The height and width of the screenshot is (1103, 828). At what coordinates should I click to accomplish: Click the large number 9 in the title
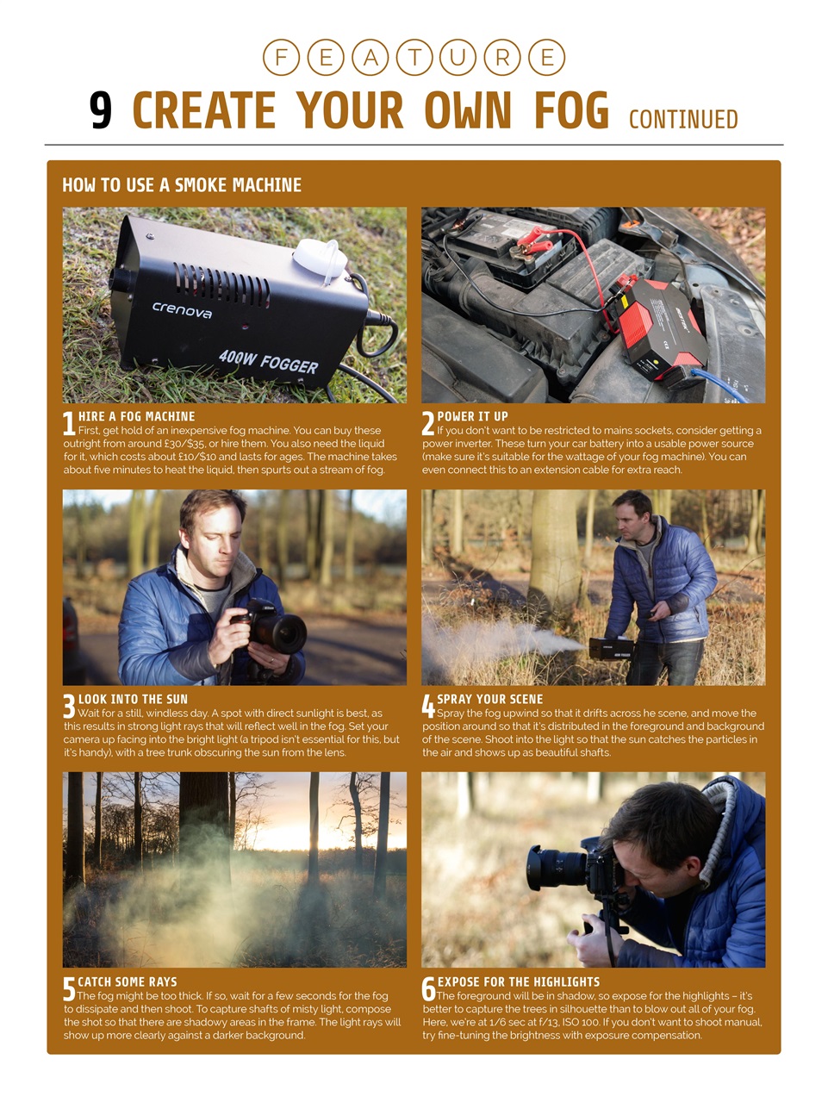(x=101, y=111)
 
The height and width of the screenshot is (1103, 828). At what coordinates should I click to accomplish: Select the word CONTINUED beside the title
(x=683, y=119)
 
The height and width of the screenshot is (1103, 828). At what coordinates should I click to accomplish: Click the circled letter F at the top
(x=281, y=58)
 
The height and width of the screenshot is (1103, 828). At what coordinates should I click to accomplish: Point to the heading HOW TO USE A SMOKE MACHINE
(x=182, y=185)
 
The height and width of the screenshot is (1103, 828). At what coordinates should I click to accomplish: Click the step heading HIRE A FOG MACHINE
(x=136, y=416)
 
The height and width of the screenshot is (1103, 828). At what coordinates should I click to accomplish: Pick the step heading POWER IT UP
(x=472, y=416)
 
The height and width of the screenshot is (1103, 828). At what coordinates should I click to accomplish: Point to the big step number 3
(x=69, y=707)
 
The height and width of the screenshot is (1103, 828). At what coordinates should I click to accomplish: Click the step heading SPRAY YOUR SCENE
(x=489, y=699)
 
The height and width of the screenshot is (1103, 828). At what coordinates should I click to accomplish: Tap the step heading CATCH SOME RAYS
(x=127, y=981)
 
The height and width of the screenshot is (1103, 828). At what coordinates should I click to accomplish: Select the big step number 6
(x=428, y=990)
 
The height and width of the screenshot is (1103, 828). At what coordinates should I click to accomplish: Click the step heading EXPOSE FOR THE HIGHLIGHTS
(x=518, y=981)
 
